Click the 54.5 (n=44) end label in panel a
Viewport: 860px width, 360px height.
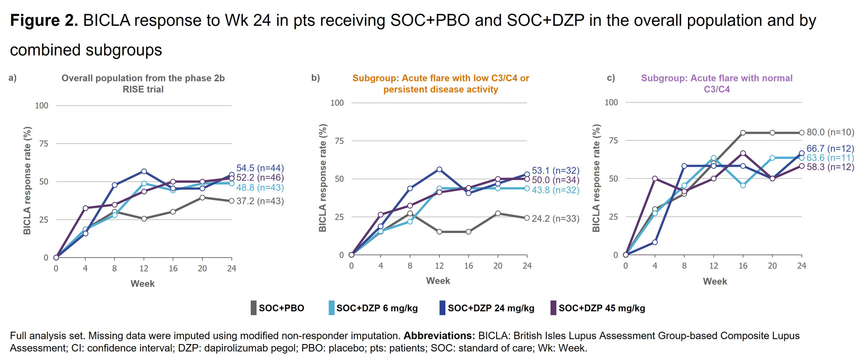260,168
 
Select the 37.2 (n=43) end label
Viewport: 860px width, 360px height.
260,201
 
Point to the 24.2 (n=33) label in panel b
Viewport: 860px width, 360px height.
555,218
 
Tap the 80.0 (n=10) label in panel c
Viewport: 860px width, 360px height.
830,132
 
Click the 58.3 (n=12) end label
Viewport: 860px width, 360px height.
830,167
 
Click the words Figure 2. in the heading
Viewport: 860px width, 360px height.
44,20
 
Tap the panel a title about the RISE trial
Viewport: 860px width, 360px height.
143,83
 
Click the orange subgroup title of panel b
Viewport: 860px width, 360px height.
440,83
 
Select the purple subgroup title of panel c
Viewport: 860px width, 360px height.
716,83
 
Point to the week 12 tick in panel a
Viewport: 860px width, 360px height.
144,268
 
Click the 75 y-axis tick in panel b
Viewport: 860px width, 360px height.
339,141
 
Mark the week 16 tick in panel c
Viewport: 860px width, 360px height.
743,266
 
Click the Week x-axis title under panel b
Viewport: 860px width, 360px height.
438,281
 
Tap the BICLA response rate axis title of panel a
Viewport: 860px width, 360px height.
27,181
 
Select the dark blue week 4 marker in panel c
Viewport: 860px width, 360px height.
655,243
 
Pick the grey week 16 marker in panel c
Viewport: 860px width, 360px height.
743,133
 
